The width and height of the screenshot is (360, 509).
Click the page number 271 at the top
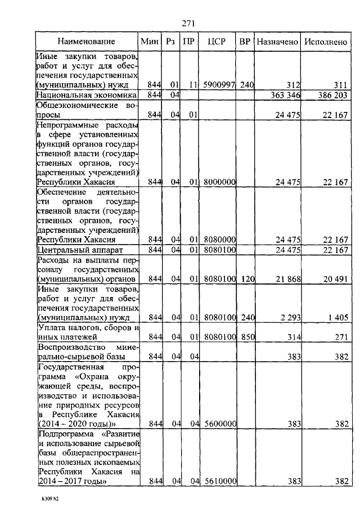pyautogui.click(x=188, y=23)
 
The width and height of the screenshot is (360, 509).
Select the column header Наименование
pyautogui.click(x=87, y=42)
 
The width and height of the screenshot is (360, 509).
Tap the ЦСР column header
pyautogui.click(x=216, y=42)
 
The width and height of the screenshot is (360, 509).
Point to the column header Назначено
pyautogui.click(x=277, y=42)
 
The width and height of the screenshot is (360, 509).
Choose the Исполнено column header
pyautogui.click(x=325, y=42)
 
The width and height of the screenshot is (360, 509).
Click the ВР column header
pyautogui.click(x=245, y=42)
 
